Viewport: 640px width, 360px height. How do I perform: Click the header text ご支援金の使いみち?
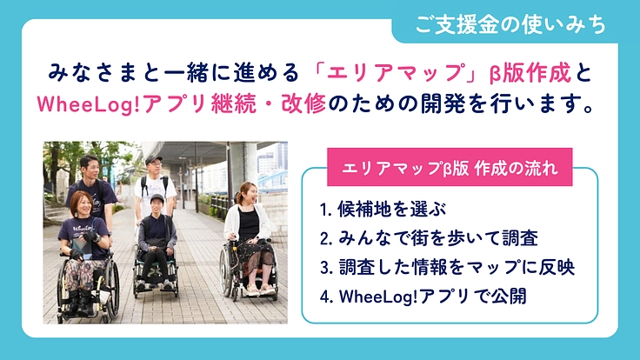(510, 26)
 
